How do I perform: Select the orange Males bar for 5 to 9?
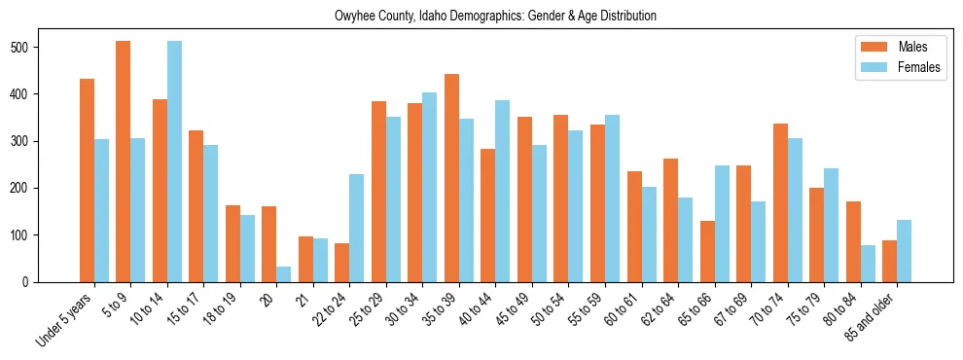tap(124, 162)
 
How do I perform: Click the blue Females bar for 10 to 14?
tap(174, 162)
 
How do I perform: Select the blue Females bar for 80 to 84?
tap(868, 264)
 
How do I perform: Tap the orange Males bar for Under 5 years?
tap(87, 180)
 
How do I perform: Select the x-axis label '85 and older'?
tap(872, 316)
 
